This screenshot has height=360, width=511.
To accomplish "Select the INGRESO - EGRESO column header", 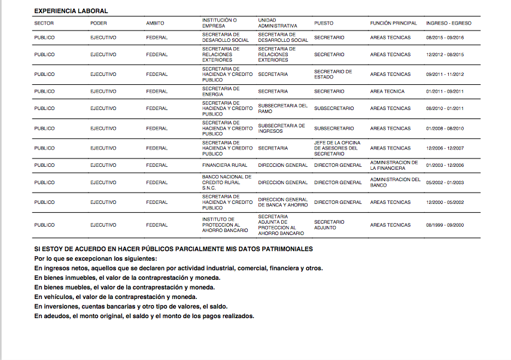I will (448, 23).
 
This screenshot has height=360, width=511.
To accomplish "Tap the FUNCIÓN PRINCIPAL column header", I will (393, 23).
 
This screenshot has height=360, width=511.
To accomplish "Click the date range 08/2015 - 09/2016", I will (445, 38).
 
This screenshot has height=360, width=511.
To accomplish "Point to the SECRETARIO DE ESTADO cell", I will (333, 74).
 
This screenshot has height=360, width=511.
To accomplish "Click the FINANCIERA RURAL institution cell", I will (224, 165).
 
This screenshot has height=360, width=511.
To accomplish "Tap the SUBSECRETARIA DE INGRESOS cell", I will (281, 129).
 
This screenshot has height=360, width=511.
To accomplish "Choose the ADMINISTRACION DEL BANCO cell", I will (395, 182).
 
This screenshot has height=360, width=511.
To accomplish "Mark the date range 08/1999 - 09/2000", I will (445, 225).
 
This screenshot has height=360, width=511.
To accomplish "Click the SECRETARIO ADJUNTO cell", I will (329, 225).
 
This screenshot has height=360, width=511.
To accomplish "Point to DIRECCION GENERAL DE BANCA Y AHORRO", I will (282, 202).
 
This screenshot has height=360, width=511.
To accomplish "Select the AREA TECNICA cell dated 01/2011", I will (387, 91).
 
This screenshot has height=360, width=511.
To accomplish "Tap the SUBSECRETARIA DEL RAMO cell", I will (282, 108).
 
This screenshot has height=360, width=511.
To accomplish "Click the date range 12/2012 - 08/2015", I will (445, 54).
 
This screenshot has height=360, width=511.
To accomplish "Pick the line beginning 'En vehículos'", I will (124, 297).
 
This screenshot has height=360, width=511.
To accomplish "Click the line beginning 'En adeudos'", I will (144, 316).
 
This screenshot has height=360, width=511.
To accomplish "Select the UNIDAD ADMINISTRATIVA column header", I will (277, 23).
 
